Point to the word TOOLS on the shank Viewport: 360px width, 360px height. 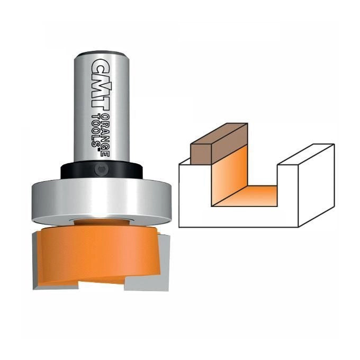pos(97,130)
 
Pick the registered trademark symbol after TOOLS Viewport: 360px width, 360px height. pos(98,151)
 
